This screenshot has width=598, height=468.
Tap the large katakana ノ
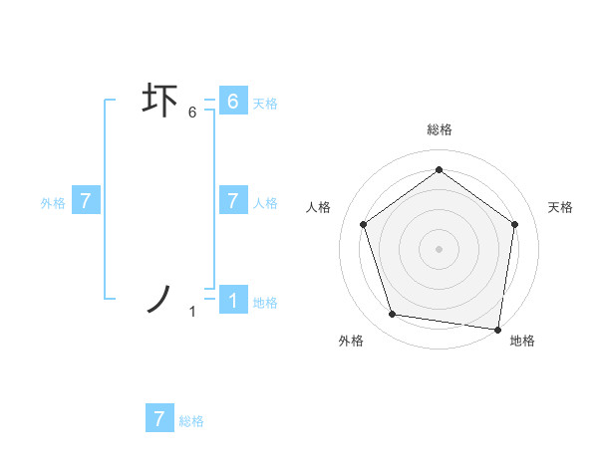(160, 298)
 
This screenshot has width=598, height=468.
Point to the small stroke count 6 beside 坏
(192, 113)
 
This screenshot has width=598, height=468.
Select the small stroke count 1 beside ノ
(192, 312)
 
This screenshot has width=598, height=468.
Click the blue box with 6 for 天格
(232, 102)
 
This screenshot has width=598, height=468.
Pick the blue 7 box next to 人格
(232, 201)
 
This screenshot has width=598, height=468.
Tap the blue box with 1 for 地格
(232, 301)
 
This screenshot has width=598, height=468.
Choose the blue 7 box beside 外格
(86, 201)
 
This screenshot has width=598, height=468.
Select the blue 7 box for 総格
(159, 419)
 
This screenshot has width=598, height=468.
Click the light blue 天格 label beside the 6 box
(265, 103)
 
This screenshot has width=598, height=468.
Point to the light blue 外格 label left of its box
(53, 202)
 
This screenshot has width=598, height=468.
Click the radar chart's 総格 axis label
(440, 129)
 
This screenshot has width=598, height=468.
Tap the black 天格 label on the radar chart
(561, 207)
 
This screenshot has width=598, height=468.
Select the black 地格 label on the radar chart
(522, 341)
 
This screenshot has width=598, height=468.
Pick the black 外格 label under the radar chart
(351, 341)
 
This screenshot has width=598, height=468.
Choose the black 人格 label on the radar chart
(318, 207)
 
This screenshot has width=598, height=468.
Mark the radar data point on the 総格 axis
(439, 169)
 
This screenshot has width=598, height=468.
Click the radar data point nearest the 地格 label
(497, 329)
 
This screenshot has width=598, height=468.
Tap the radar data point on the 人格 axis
(363, 224)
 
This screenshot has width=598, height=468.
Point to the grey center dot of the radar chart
(439, 248)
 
